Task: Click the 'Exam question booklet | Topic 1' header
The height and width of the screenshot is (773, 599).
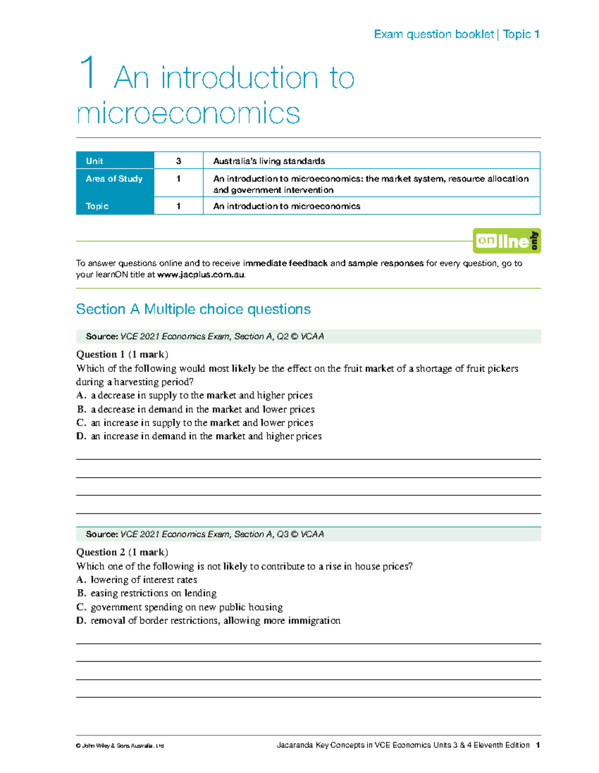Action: [456, 34]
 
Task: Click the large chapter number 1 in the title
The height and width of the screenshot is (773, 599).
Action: [88, 73]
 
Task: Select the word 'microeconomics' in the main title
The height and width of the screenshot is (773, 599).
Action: [188, 113]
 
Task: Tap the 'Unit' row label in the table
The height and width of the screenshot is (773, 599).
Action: [94, 161]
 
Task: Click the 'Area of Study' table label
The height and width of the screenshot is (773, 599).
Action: [114, 179]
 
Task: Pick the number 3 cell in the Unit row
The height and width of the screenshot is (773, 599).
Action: [178, 161]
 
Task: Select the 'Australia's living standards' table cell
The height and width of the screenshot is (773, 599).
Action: [269, 161]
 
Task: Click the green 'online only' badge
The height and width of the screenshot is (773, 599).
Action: [507, 241]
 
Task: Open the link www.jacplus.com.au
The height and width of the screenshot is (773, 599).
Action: [201, 275]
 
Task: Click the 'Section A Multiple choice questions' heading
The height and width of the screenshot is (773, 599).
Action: [193, 309]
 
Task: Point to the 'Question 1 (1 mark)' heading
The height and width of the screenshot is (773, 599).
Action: [122, 355]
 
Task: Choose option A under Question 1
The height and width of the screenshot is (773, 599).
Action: [195, 395]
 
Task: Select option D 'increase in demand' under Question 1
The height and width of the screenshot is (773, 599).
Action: [199, 436]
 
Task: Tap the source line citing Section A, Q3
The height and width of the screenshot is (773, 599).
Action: [205, 534]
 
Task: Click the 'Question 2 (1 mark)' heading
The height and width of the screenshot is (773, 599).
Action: [122, 552]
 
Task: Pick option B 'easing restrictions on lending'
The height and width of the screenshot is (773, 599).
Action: [147, 593]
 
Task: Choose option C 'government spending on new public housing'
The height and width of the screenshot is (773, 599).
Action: [180, 607]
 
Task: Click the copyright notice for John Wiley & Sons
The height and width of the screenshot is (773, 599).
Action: [120, 746]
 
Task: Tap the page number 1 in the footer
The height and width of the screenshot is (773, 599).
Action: [538, 745]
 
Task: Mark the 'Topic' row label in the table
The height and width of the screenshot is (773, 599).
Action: [97, 206]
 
